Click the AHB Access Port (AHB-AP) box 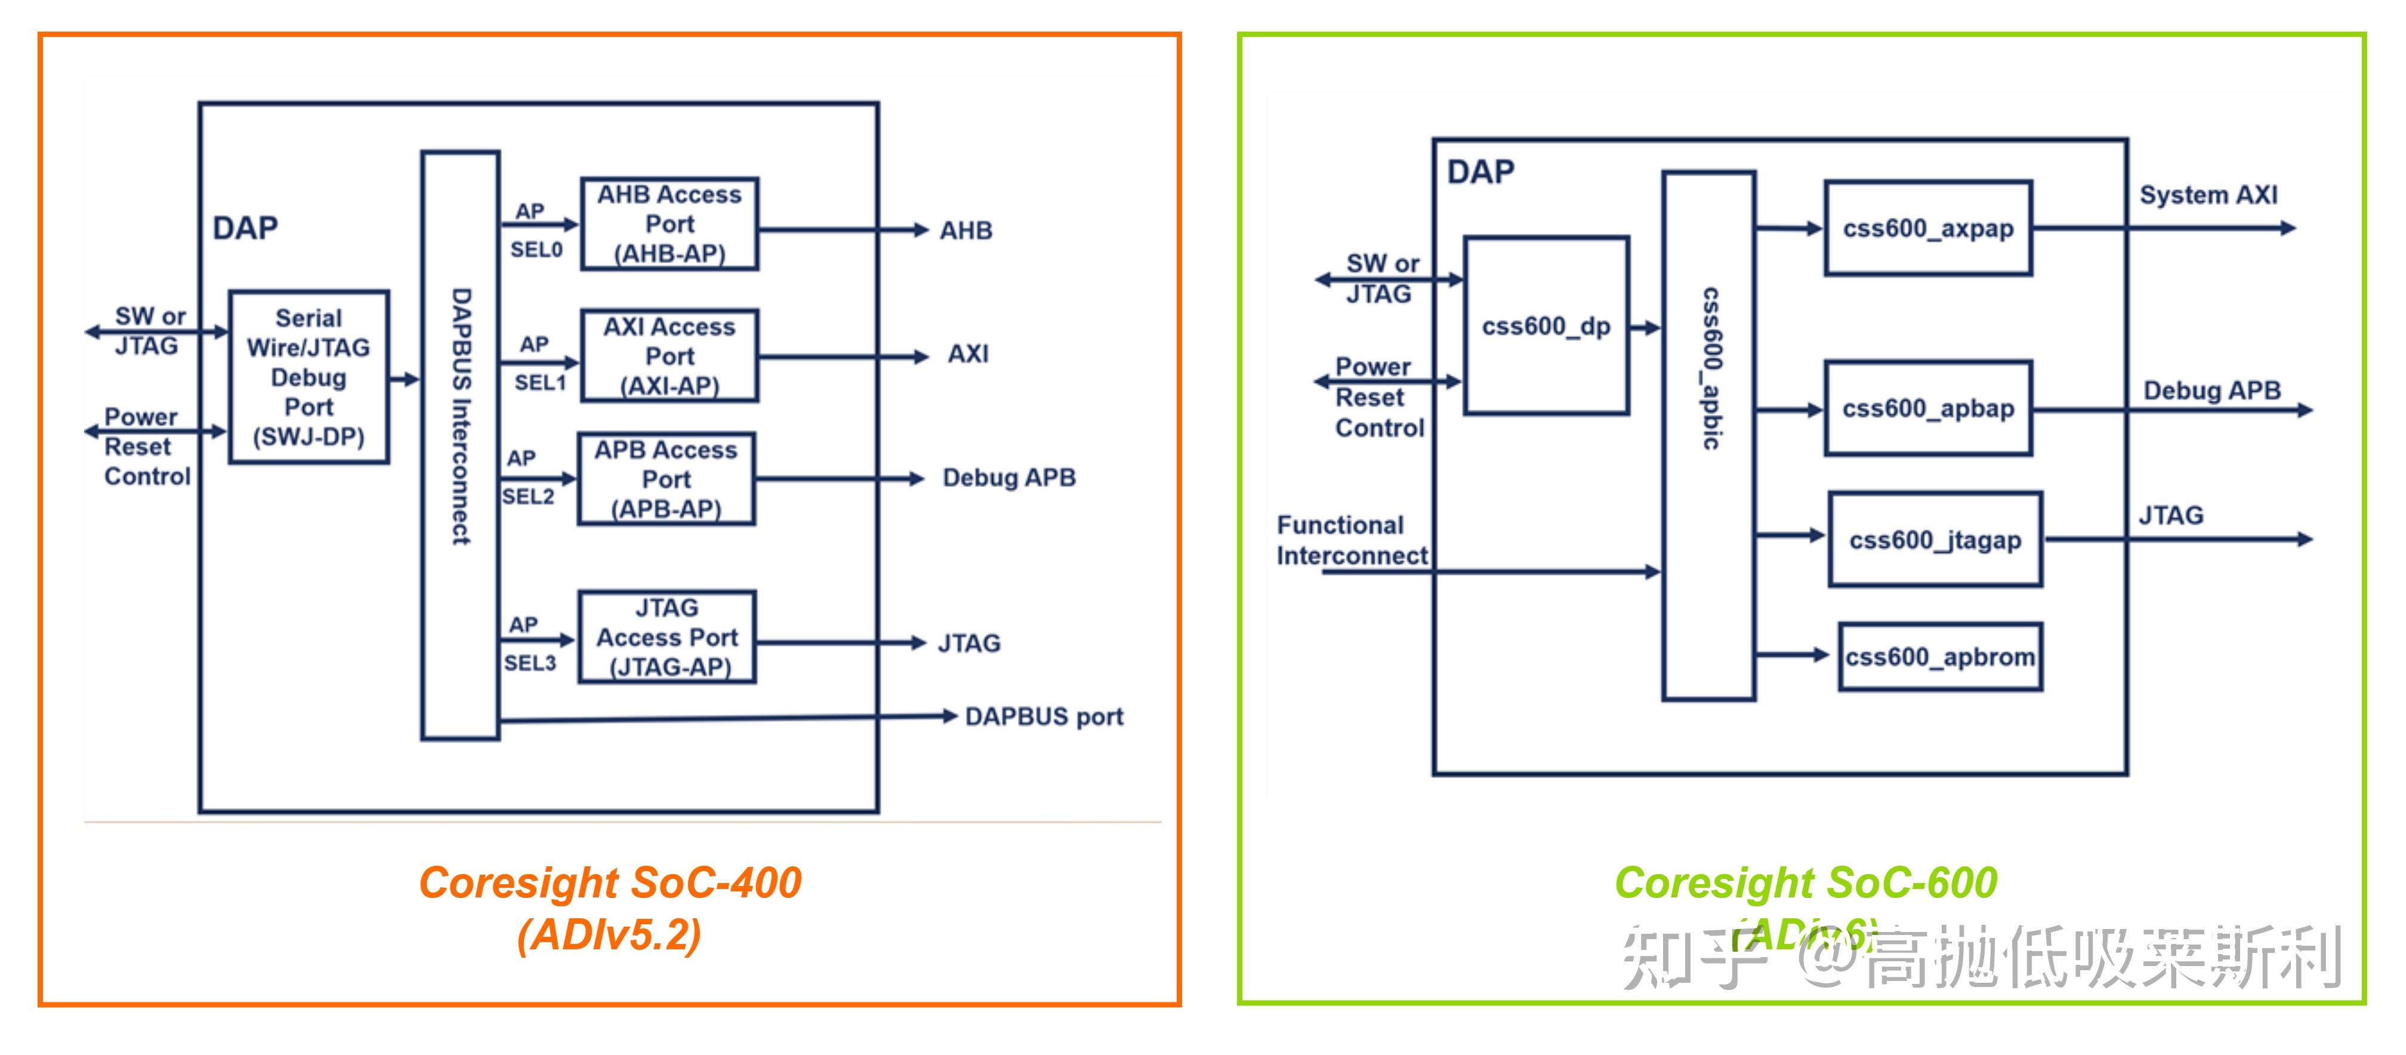coord(669,224)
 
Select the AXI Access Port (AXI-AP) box coord(669,356)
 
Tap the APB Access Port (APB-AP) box coord(666,479)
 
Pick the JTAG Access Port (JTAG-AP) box coord(667,637)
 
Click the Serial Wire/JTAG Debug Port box coord(309,377)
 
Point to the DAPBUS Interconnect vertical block coord(461,445)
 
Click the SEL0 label coord(536,250)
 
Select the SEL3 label coord(529,663)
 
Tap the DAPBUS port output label coord(1043,716)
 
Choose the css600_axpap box coord(1928,229)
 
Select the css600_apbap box coord(1928,408)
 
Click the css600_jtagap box coord(1935,540)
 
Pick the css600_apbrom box coord(1940,657)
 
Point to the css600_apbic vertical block coord(1708,435)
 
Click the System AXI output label coord(2208,195)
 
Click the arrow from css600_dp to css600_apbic coord(1645,328)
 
